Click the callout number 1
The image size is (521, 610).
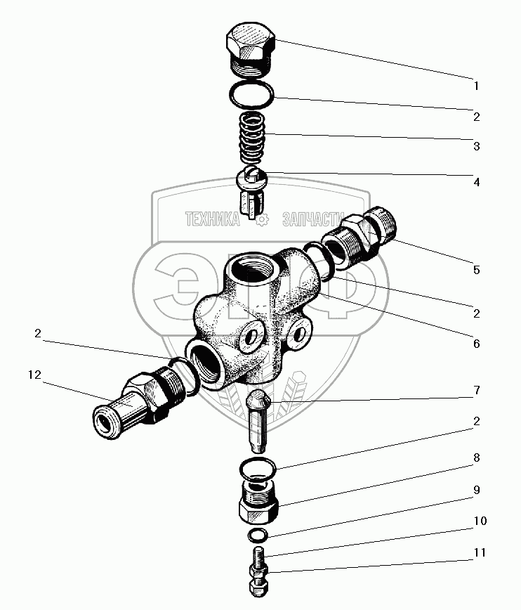[476, 86]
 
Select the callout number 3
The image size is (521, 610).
[476, 147]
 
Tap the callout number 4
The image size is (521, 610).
[476, 182]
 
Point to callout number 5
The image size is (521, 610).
[476, 270]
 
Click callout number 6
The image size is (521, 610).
[476, 344]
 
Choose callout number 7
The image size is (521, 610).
[476, 389]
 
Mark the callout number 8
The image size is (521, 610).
[476, 457]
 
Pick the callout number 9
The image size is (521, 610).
[476, 489]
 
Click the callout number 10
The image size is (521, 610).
[479, 521]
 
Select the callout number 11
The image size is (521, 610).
[479, 553]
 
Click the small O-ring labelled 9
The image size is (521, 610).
[258, 536]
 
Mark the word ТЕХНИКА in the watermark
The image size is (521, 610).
[213, 220]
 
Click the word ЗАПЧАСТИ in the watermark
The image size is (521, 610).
[310, 220]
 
